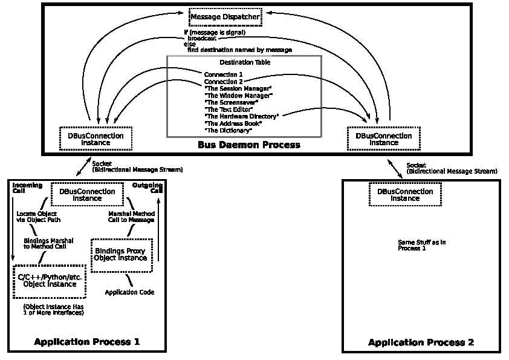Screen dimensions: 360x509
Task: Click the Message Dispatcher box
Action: pyautogui.click(x=225, y=17)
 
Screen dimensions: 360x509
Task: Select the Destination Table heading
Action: pyautogui.click(x=245, y=62)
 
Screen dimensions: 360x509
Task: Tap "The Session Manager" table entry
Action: pyautogui.click(x=238, y=88)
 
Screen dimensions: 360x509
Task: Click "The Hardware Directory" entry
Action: pyautogui.click(x=241, y=116)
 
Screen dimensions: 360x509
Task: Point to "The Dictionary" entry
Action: pyautogui.click(x=228, y=130)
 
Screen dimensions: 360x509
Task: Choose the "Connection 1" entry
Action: pyautogui.click(x=223, y=74)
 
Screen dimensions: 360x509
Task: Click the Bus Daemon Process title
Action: pyautogui.click(x=248, y=145)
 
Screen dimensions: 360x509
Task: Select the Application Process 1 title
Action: pyautogui.click(x=87, y=342)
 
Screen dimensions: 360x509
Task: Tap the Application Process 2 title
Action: pyautogui.click(x=421, y=342)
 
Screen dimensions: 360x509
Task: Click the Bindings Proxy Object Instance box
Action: pyautogui.click(x=121, y=254)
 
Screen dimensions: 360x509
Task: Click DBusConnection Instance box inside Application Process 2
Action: pyautogui.click(x=405, y=195)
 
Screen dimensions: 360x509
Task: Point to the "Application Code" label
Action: pyautogui.click(x=129, y=292)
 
